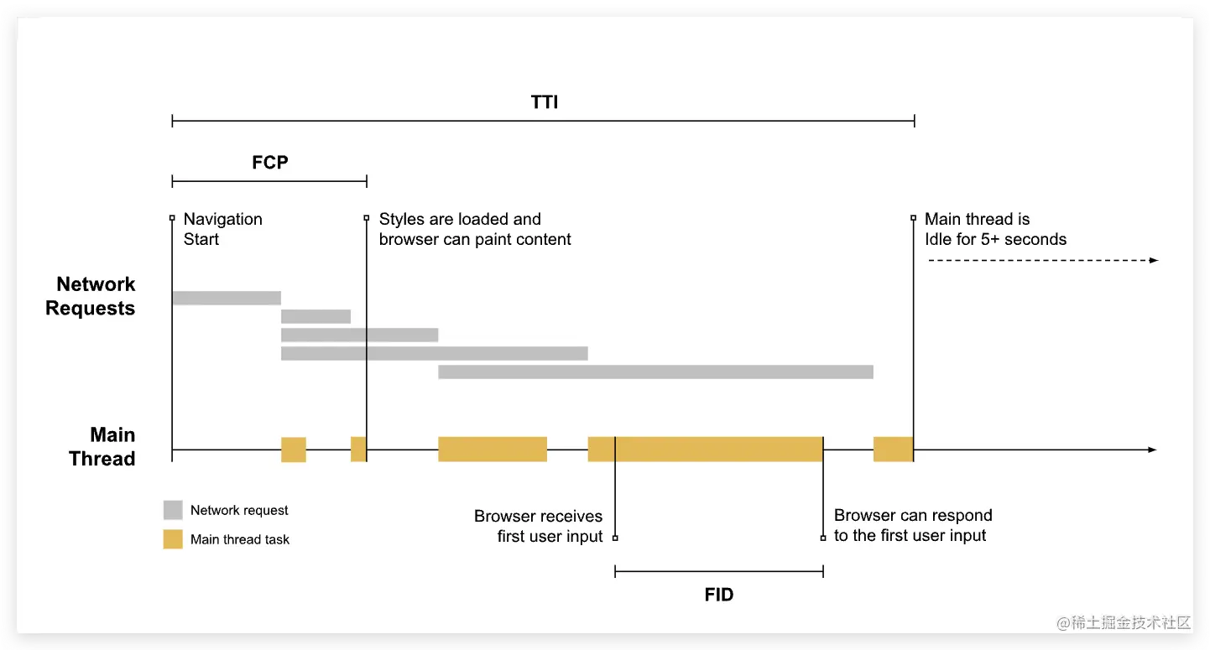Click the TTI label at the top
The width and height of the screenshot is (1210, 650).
pos(545,102)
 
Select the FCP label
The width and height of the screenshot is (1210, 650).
pos(269,163)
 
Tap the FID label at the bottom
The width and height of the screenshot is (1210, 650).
pos(719,595)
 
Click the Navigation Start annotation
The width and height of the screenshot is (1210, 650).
pos(223,229)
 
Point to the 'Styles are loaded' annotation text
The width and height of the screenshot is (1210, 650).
pos(475,229)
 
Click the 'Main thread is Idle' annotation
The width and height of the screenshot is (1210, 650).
pos(995,229)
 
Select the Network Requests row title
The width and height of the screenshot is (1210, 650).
pos(91,296)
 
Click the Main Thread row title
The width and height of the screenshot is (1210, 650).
pos(102,446)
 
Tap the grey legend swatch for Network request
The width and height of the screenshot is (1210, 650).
pos(173,510)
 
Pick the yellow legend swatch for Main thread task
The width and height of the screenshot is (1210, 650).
pos(173,539)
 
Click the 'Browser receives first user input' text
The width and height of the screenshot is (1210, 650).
pos(539,526)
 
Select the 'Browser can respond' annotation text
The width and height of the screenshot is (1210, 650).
pos(913,526)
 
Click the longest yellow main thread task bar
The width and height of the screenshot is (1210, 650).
pos(705,449)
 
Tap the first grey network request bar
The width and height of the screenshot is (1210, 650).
pos(227,298)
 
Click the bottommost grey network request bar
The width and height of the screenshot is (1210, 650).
pos(655,372)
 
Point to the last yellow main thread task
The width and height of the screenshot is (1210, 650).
pos(893,449)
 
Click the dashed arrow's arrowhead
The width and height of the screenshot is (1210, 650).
pos(1154,261)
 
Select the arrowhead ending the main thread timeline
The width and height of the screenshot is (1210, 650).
pos(1153,450)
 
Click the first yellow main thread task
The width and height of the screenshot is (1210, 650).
pos(294,450)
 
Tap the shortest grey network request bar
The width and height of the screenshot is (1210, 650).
pos(316,316)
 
